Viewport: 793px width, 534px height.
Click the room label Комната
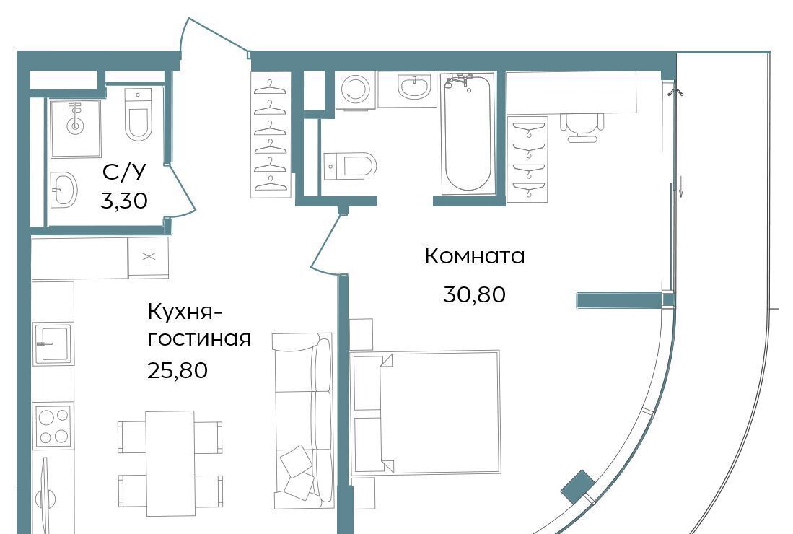click(474, 256)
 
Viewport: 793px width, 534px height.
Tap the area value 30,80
click(474, 294)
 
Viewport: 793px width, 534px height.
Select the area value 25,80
click(178, 370)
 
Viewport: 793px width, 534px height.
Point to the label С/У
click(124, 172)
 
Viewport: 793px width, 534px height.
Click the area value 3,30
click(124, 201)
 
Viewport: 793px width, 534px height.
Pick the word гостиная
click(199, 339)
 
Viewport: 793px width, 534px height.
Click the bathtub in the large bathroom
click(468, 133)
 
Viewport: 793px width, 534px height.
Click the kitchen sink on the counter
click(53, 342)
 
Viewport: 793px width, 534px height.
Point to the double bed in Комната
click(426, 413)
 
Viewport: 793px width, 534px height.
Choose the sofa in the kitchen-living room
click(302, 421)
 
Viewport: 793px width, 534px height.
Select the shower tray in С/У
click(75, 129)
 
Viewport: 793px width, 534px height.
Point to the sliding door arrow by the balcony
click(681, 185)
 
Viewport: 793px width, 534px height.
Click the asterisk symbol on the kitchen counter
click(149, 257)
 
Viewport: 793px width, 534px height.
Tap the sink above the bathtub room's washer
click(414, 87)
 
